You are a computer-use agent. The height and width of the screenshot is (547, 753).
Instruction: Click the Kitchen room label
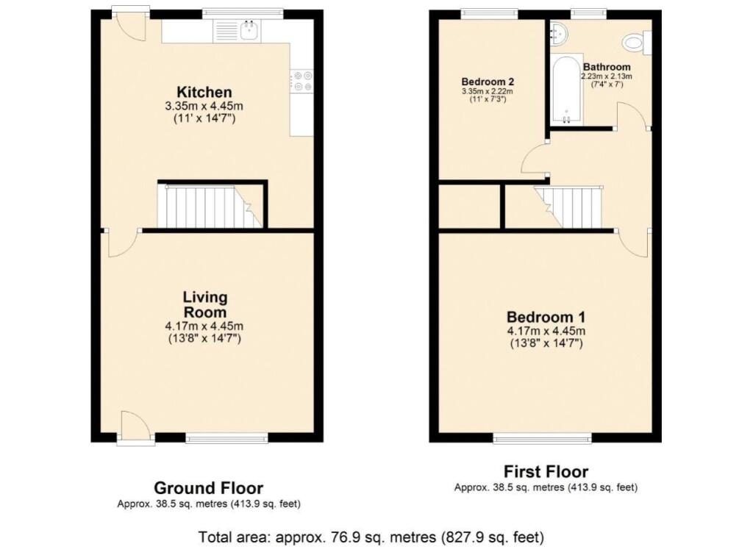[204, 92]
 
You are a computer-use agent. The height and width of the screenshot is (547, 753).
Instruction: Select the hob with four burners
[301, 81]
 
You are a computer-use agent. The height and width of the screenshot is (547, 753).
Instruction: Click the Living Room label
[205, 304]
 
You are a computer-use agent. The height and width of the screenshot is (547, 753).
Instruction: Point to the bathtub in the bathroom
[567, 90]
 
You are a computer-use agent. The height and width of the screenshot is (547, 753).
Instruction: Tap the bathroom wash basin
[559, 33]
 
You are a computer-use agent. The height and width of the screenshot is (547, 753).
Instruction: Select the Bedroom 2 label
[488, 82]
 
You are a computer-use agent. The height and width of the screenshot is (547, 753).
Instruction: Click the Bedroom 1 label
[546, 317]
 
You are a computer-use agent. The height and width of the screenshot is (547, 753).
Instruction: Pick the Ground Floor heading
[208, 488]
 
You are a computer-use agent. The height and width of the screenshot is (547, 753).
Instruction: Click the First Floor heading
[546, 471]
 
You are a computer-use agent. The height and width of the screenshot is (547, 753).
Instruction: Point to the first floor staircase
[569, 207]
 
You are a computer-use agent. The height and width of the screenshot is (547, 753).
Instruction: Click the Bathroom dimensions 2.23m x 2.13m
[607, 76]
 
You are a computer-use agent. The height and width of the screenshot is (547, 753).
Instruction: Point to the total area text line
[371, 537]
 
